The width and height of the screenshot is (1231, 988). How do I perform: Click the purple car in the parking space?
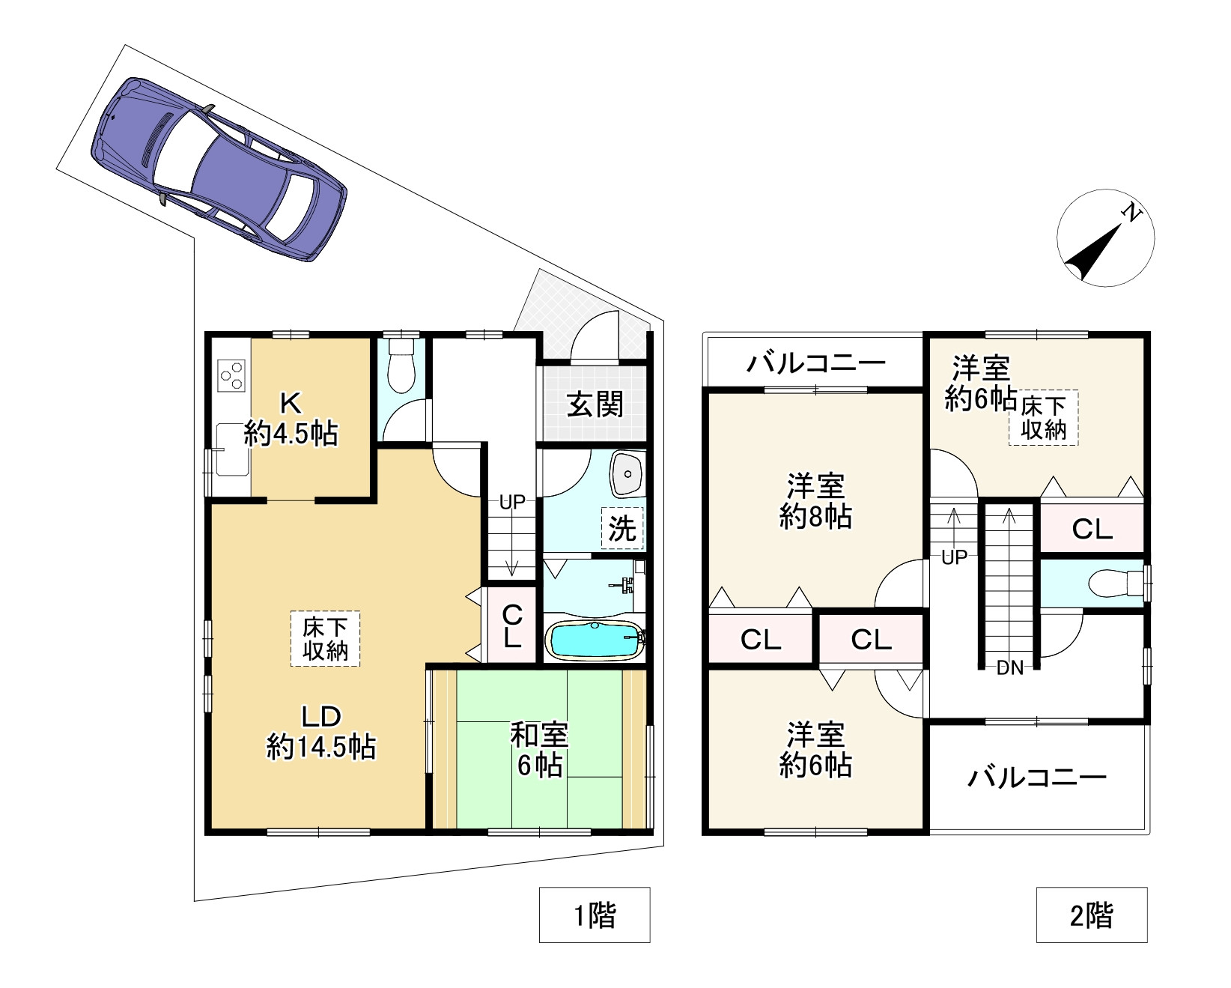click(x=219, y=169)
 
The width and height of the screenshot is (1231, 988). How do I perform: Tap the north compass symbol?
click(x=1105, y=237)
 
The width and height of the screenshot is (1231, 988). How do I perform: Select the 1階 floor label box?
click(x=595, y=915)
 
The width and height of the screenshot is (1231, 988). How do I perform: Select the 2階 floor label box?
click(x=1092, y=915)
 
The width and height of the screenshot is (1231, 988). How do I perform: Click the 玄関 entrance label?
click(x=595, y=404)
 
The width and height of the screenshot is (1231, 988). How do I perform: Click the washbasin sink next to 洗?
click(x=627, y=473)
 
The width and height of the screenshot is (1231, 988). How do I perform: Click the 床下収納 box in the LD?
click(x=325, y=639)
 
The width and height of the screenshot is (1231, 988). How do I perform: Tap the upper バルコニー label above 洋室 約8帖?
click(x=815, y=364)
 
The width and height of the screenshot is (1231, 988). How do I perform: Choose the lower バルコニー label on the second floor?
click(x=1037, y=778)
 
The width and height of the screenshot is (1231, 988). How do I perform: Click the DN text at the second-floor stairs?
click(x=1009, y=668)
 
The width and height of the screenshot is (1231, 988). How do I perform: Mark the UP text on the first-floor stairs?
click(x=512, y=503)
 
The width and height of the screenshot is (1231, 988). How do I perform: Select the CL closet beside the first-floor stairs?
click(x=512, y=626)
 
